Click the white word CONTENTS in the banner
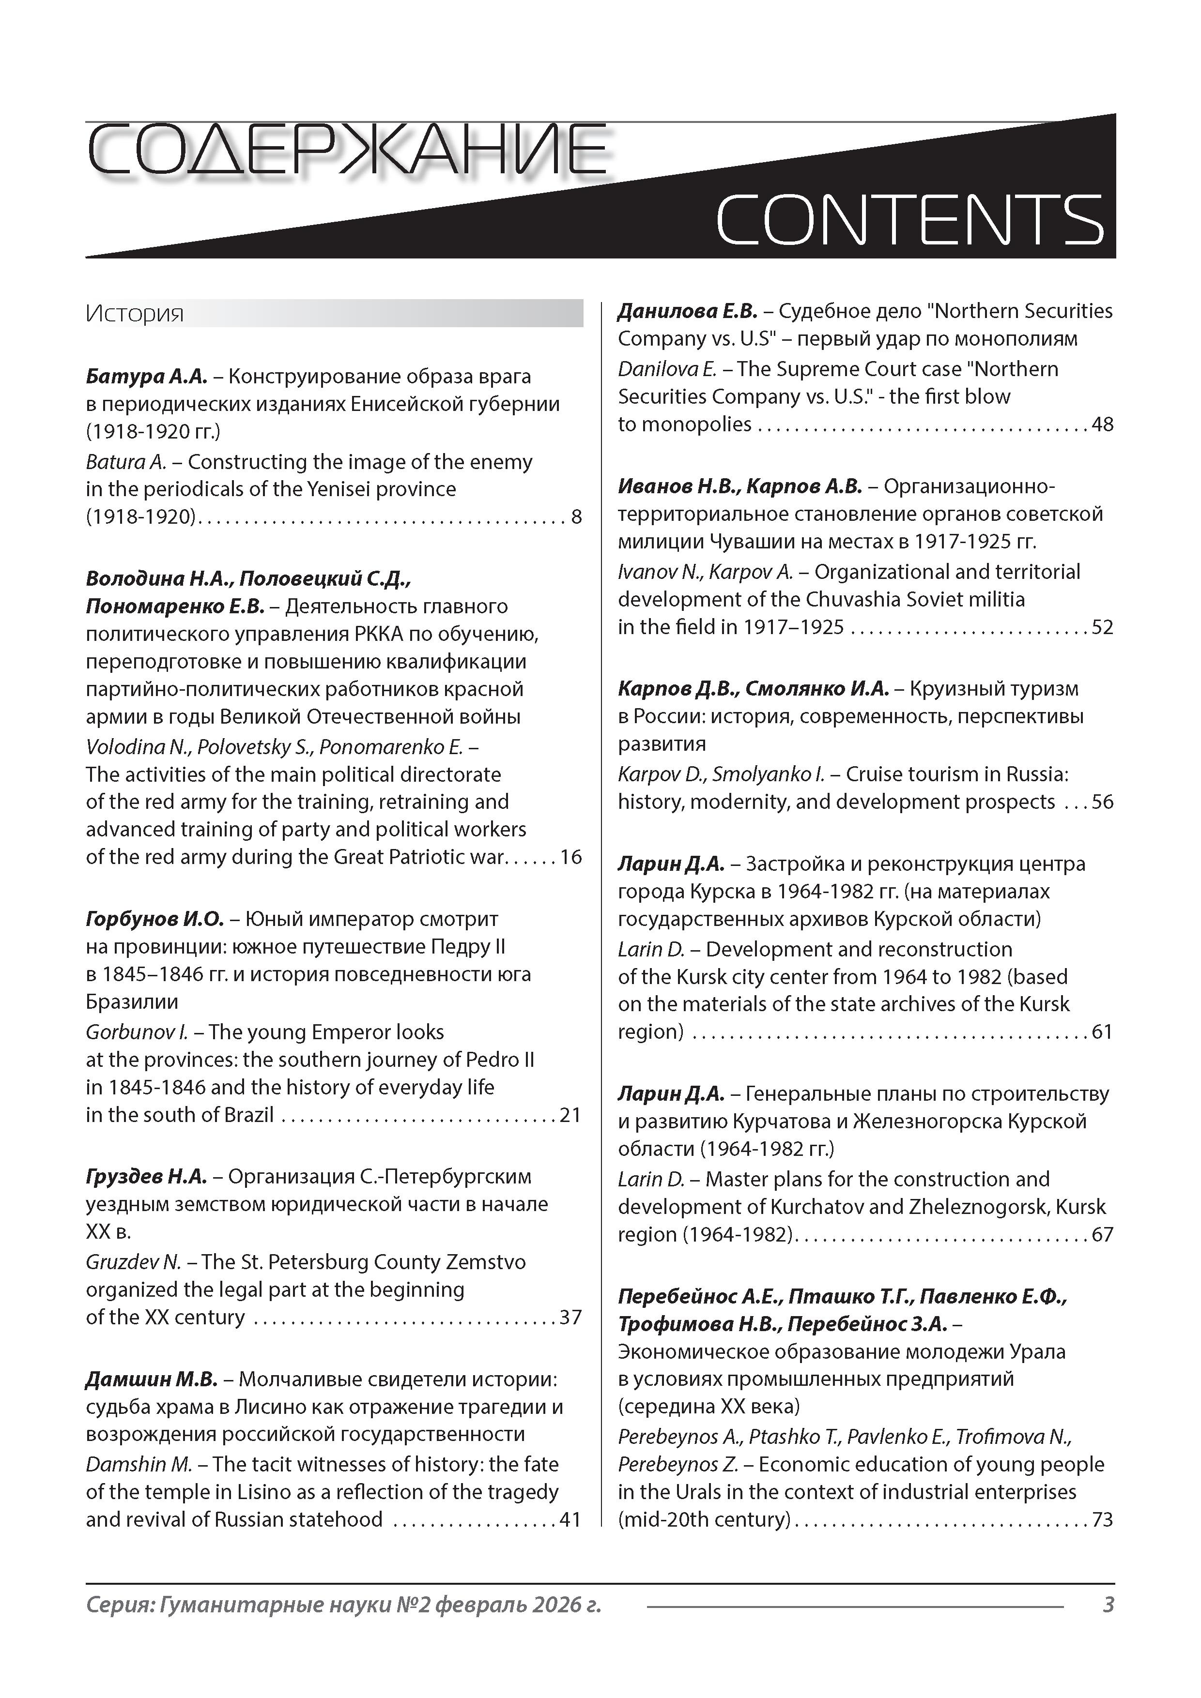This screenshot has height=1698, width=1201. point(909,220)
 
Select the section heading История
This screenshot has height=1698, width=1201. point(134,314)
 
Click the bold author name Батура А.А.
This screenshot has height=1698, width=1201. point(147,377)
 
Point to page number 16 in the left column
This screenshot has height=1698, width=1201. point(570,857)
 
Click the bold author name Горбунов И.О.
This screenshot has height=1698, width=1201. point(154,919)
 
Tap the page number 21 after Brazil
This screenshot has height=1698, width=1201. point(570,1115)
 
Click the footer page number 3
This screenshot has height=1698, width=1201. point(1108,1604)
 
